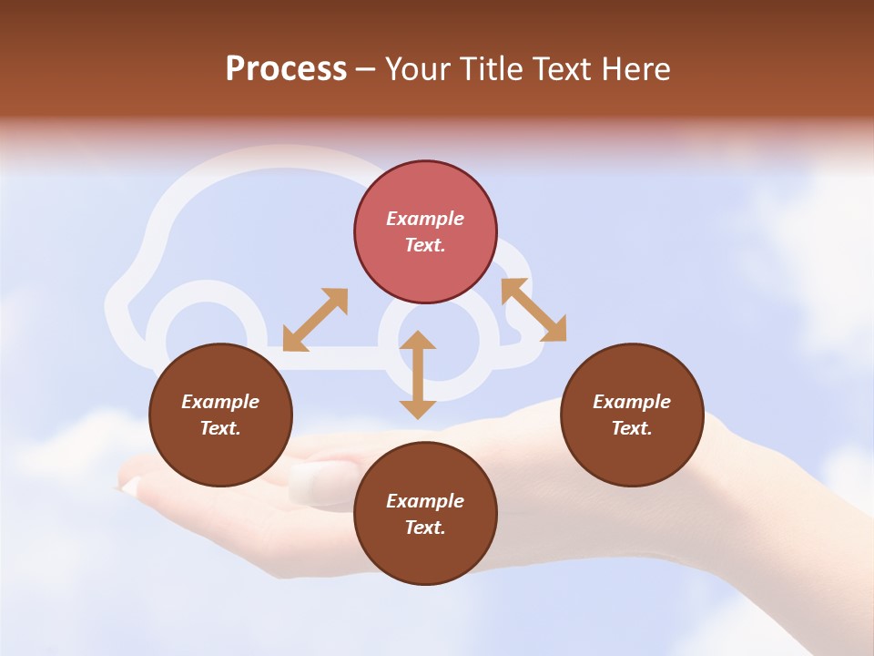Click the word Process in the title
[286, 69]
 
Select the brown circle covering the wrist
[632, 415]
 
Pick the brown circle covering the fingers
[220, 415]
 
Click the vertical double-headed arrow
[418, 375]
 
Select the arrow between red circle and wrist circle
[534, 310]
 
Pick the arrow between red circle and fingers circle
[315, 320]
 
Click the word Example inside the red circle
[425, 219]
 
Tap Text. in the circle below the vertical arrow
[425, 528]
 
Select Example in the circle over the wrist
[632, 402]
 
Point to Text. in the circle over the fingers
[220, 428]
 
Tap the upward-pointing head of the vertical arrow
[418, 341]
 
